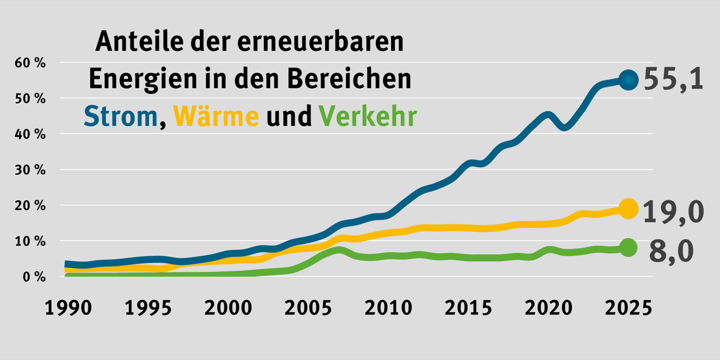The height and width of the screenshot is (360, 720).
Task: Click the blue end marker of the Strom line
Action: tap(628, 80)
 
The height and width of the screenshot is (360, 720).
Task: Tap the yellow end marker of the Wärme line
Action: tap(628, 209)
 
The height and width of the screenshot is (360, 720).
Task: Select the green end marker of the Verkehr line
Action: tap(628, 248)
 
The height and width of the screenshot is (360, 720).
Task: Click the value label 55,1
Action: tap(673, 79)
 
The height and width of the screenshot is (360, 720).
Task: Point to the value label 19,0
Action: tap(673, 212)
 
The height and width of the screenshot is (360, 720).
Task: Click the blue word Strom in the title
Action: tap(121, 116)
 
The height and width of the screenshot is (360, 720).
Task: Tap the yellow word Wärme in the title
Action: tap(216, 116)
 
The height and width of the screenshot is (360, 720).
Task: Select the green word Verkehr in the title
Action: tap(368, 116)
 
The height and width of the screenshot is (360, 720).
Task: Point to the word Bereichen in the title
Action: tap(349, 79)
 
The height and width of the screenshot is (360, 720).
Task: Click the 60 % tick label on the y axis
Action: tap(30, 63)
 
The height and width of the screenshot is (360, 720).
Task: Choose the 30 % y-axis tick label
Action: tap(30, 170)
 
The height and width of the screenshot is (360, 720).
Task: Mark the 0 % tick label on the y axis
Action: tap(34, 277)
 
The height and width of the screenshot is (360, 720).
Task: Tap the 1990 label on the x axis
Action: tap(68, 308)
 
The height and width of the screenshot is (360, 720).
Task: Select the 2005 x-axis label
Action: tap(308, 308)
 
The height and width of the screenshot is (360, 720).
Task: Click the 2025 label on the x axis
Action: tap(628, 308)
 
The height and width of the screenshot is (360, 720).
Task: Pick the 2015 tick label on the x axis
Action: tap(468, 308)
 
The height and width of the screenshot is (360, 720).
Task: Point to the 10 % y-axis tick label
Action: tap(30, 241)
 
